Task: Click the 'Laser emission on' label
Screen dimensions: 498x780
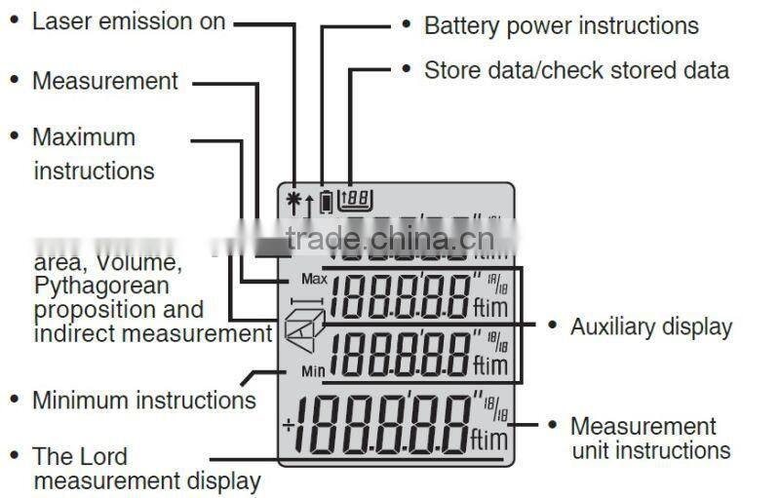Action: point(129,21)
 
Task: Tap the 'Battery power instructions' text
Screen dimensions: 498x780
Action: point(561,26)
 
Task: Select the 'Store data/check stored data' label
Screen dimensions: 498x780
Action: point(575,70)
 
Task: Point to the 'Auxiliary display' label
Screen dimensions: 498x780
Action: point(650,326)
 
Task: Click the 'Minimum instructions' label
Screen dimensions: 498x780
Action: point(143,401)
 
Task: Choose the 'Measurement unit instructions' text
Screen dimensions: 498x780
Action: point(649,439)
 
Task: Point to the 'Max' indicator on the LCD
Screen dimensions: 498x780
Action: point(312,279)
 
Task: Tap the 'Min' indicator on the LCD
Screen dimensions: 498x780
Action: point(312,372)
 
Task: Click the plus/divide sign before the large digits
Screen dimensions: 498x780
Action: point(289,425)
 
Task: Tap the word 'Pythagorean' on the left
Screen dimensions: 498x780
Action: point(100,287)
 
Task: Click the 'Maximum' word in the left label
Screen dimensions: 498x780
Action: point(83,137)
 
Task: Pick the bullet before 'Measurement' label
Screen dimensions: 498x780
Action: point(15,81)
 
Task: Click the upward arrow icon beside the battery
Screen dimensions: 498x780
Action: point(309,205)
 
